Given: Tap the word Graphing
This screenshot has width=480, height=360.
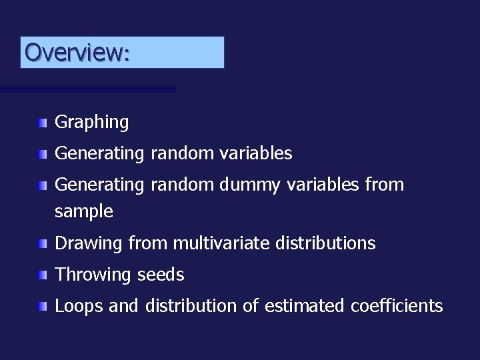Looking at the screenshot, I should pyautogui.click(x=91, y=123).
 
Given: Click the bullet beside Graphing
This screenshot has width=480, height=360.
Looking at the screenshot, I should pyautogui.click(x=43, y=123).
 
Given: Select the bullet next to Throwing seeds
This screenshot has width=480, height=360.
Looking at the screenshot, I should pyautogui.click(x=43, y=275).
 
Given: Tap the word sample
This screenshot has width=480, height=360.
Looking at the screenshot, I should pyautogui.click(x=83, y=213).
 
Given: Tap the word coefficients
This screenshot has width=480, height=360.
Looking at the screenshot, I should pyautogui.click(x=396, y=306).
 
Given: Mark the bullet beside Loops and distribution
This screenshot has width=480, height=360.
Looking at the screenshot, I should pyautogui.click(x=43, y=307).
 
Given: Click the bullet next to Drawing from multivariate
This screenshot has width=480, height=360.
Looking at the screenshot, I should pyautogui.click(x=43, y=244).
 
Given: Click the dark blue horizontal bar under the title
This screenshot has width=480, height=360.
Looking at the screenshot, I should pyautogui.click(x=87, y=89).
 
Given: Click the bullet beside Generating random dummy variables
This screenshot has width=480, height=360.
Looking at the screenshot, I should pyautogui.click(x=43, y=185).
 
